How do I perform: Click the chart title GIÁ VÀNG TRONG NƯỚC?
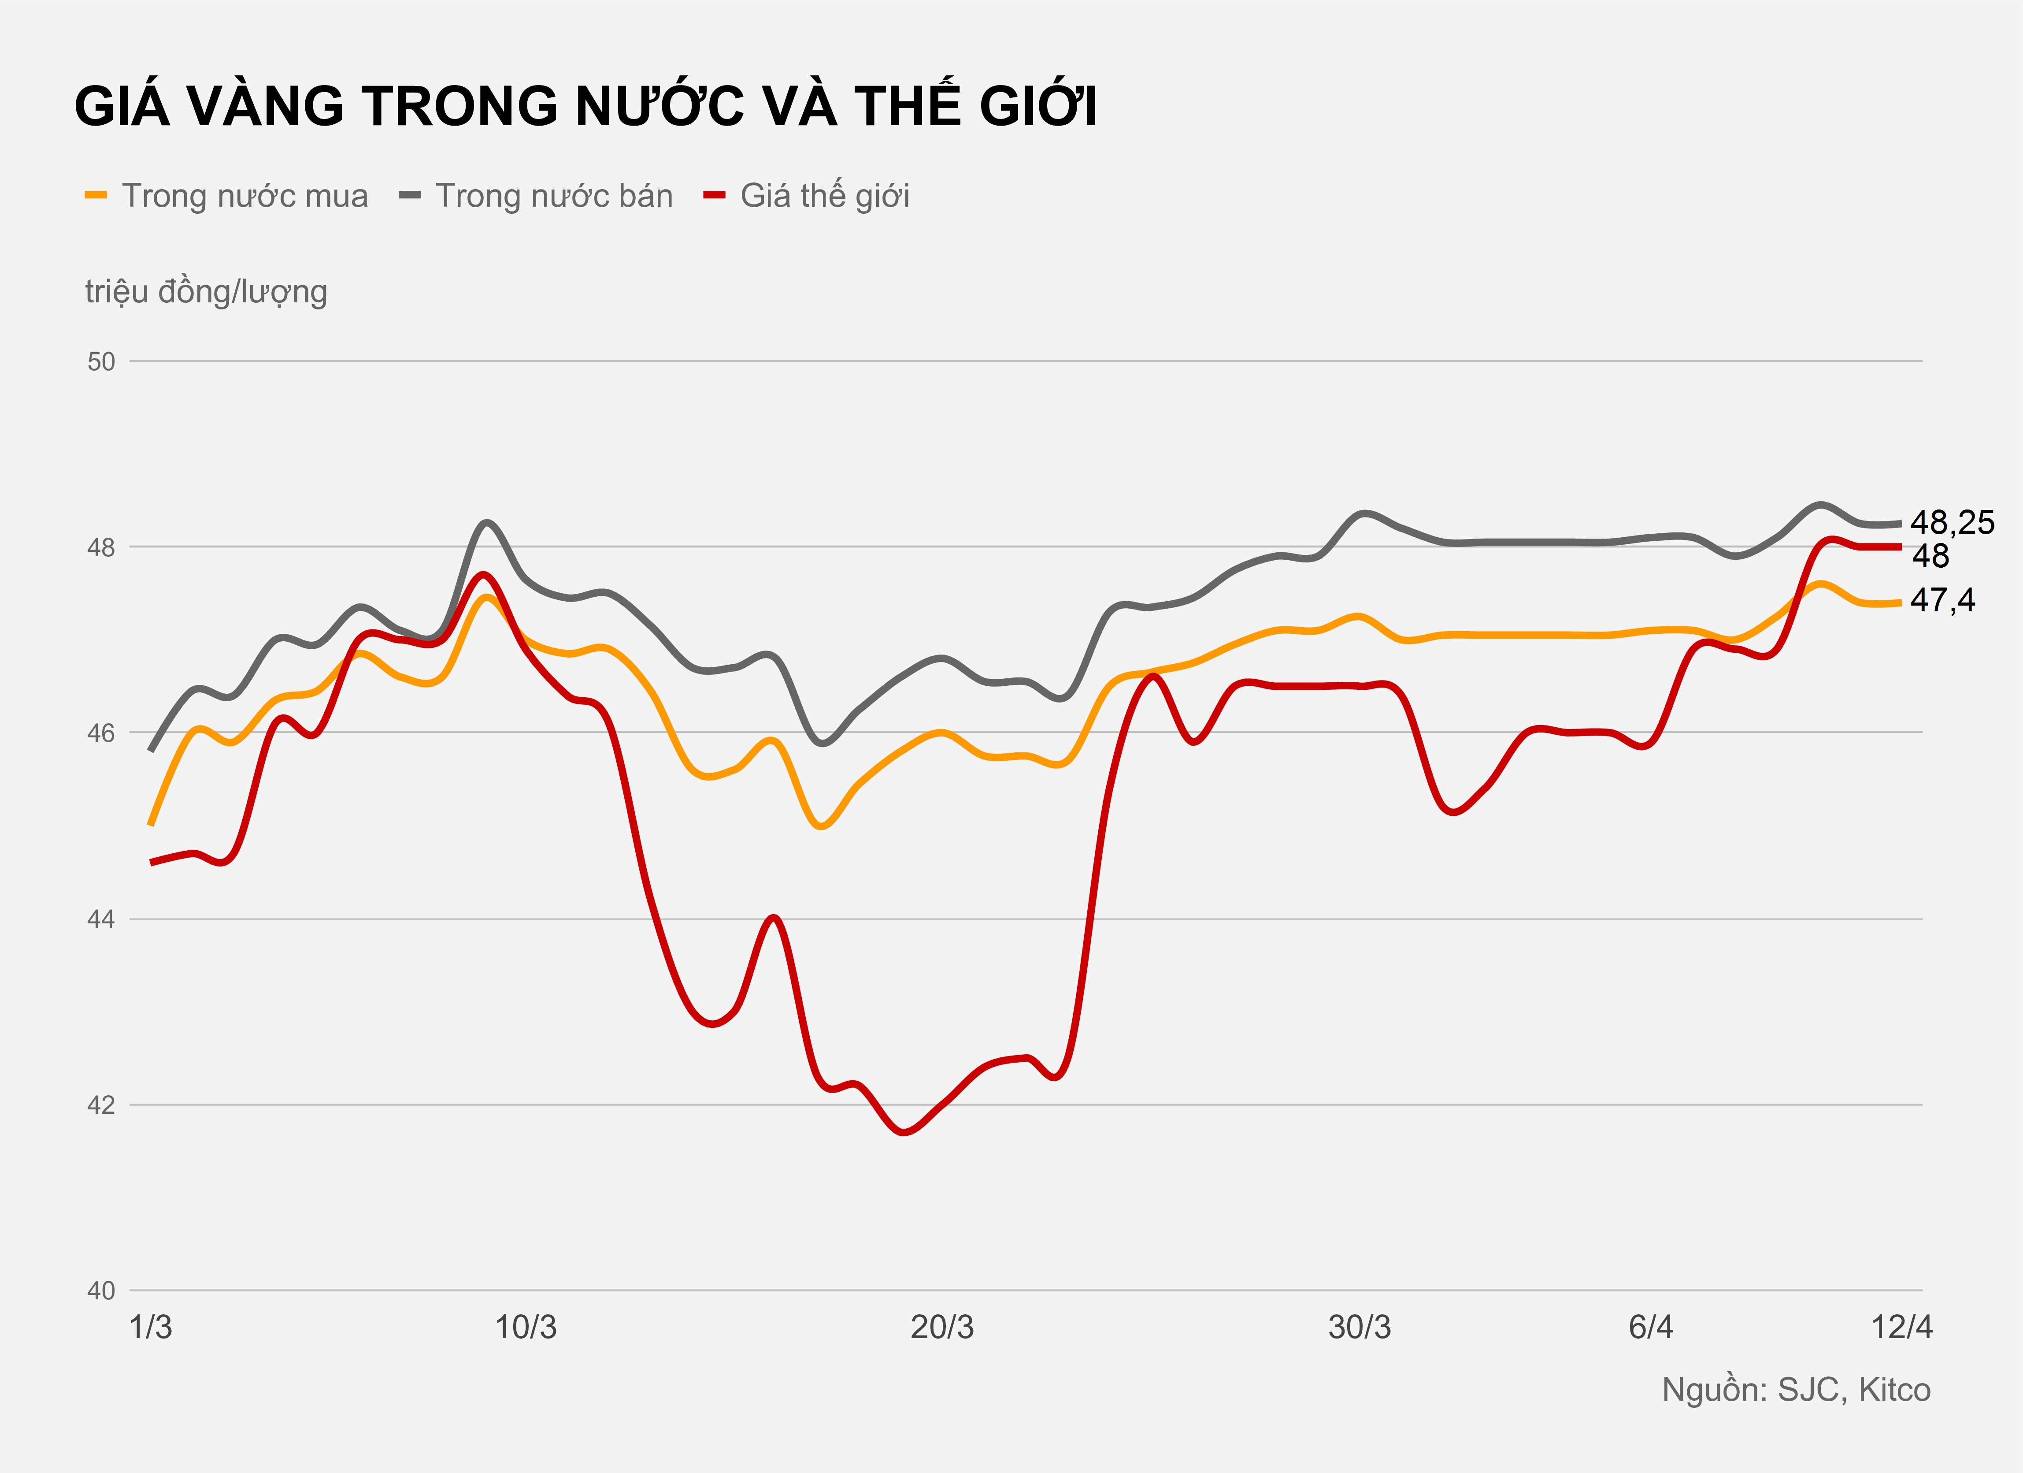click(585, 106)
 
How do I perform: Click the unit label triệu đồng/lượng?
click(206, 292)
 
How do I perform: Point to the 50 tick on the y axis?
click(101, 361)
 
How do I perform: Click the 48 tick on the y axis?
click(101, 547)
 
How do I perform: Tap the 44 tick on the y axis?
click(101, 919)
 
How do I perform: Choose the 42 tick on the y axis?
click(101, 1105)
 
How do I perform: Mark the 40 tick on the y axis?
click(101, 1290)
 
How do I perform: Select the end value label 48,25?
click(1952, 523)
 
